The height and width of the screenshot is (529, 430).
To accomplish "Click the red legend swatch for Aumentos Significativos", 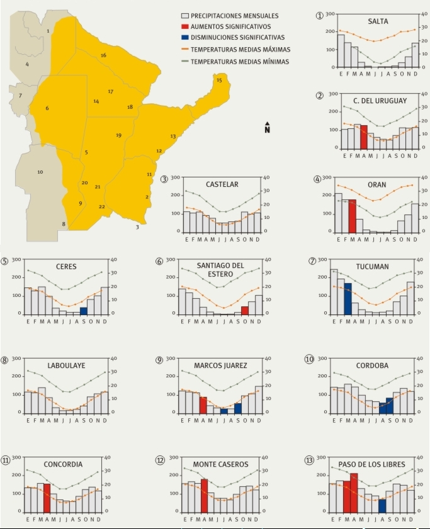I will (x=186, y=27).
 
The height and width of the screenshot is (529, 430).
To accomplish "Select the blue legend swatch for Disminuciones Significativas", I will (x=186, y=38).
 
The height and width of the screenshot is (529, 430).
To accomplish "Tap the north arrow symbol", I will (x=268, y=127).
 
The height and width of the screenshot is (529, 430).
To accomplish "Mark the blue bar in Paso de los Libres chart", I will (x=382, y=504).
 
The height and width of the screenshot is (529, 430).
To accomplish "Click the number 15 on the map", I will (x=219, y=81).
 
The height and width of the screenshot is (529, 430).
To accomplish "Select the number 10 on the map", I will (x=40, y=172).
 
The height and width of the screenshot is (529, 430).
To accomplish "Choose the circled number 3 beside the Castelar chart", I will (x=166, y=179).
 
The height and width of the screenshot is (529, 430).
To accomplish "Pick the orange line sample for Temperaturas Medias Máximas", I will (x=186, y=50).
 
